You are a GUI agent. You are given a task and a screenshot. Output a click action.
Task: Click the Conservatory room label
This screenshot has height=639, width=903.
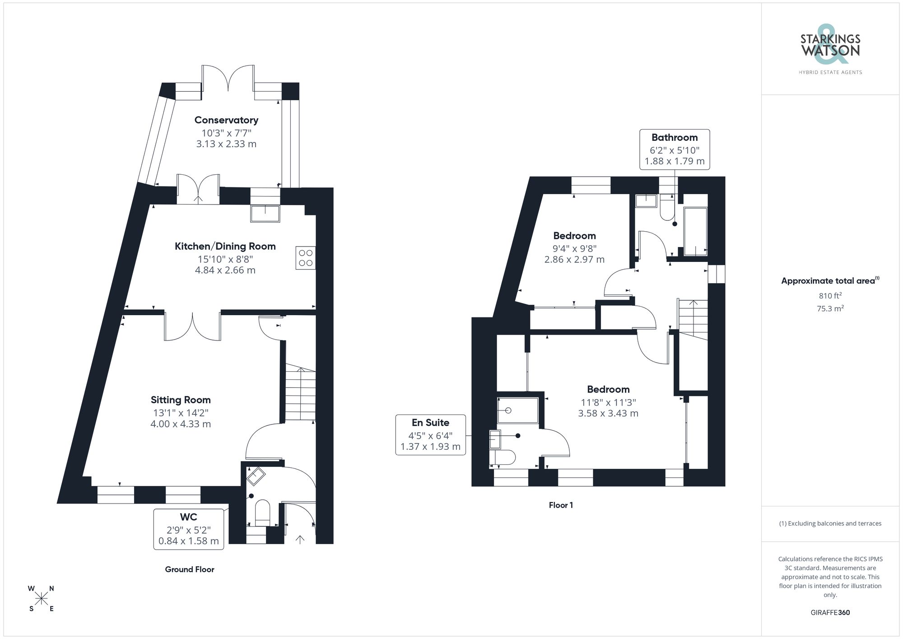coord(226,120)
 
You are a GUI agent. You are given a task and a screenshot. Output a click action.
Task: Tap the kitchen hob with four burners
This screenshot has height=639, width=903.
coord(306,258)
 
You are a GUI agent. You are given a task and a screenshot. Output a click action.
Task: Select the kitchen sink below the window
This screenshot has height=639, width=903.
coord(265,214)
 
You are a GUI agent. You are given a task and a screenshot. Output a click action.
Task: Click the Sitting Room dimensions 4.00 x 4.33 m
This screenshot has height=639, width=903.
coord(181,424)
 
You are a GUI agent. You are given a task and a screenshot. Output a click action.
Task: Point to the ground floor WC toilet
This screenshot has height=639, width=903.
coord(262,513)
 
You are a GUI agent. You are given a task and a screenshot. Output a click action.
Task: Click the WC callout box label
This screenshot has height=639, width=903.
coord(189,517)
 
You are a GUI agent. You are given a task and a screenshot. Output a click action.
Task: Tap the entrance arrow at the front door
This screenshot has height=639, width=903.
coord(299,539)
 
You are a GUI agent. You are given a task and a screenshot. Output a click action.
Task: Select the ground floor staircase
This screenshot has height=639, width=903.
coord(300,393)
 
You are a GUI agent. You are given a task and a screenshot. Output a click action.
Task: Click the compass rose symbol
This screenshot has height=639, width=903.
coord(42,599)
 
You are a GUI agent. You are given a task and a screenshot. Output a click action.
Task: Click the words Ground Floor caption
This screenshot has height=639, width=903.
coord(190,569)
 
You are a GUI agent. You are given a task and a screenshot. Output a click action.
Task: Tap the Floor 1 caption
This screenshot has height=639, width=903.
coord(561,505)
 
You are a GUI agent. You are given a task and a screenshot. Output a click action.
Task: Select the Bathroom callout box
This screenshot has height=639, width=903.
coord(675,149)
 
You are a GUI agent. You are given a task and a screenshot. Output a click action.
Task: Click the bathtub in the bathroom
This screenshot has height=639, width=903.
coord(695,231)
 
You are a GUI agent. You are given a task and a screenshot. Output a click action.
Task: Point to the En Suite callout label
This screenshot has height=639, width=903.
coord(430,423)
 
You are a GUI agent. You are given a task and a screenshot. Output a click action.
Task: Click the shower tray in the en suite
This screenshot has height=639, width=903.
coord(518,410)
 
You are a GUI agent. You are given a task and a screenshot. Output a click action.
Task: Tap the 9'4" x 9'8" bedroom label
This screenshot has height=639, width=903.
coord(574,248)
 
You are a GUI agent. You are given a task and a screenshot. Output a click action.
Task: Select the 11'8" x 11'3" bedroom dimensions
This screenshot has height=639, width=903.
coord(608,402)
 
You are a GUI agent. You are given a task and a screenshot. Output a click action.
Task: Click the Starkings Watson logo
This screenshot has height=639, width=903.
coord(830,50)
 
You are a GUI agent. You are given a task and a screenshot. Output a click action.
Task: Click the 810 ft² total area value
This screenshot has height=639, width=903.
coord(830,296)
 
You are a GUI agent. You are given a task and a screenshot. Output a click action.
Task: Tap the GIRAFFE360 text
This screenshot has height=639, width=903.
coord(830,613)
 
